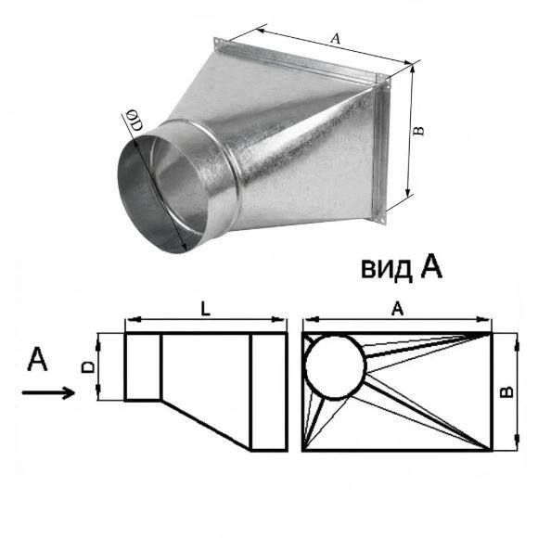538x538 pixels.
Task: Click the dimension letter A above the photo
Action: click(x=336, y=38)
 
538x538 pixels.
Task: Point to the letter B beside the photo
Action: click(x=418, y=131)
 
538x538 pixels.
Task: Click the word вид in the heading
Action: click(x=386, y=268)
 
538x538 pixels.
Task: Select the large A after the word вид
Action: click(x=431, y=267)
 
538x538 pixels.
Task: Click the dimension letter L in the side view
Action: click(x=205, y=310)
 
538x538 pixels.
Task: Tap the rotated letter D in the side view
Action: click(x=88, y=366)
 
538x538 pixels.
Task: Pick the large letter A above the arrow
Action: click(x=37, y=359)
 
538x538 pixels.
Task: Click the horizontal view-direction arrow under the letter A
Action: click(x=48, y=392)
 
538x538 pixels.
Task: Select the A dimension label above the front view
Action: click(x=397, y=309)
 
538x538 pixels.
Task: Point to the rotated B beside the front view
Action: click(x=507, y=391)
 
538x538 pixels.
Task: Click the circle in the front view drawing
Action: click(x=305, y=367)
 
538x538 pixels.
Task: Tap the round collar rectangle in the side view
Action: click(x=125, y=366)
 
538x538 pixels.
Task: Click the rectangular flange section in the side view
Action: click(x=251, y=391)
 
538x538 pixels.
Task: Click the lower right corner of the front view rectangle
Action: click(x=492, y=450)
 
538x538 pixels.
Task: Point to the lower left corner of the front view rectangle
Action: click(x=303, y=450)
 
